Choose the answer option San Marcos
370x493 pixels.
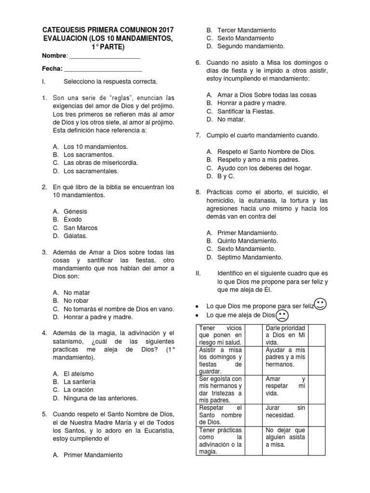[80, 228]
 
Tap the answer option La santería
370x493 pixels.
[79, 382]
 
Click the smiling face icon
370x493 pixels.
[321, 304]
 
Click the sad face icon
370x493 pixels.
[282, 316]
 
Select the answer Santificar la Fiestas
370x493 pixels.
[246, 111]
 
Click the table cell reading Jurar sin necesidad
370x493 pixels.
[286, 412]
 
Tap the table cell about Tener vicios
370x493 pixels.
[221, 335]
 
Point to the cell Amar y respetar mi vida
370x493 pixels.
[286, 386]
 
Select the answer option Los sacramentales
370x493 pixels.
[91, 171]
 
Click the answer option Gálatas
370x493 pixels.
[75, 236]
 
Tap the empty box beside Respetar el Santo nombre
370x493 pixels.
[254, 415]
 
